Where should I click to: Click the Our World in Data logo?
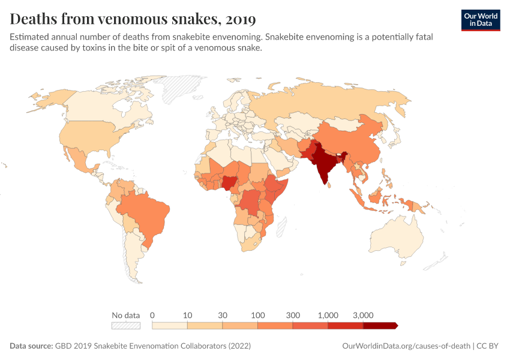click(480, 20)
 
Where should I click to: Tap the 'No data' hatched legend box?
click(125, 326)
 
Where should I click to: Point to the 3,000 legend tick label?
click(364, 315)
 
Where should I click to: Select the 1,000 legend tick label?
click(328, 315)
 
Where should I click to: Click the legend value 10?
click(187, 315)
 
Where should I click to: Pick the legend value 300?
click(293, 315)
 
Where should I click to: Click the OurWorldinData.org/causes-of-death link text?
click(406, 346)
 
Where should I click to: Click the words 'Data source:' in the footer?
click(31, 346)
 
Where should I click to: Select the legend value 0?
click(152, 315)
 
